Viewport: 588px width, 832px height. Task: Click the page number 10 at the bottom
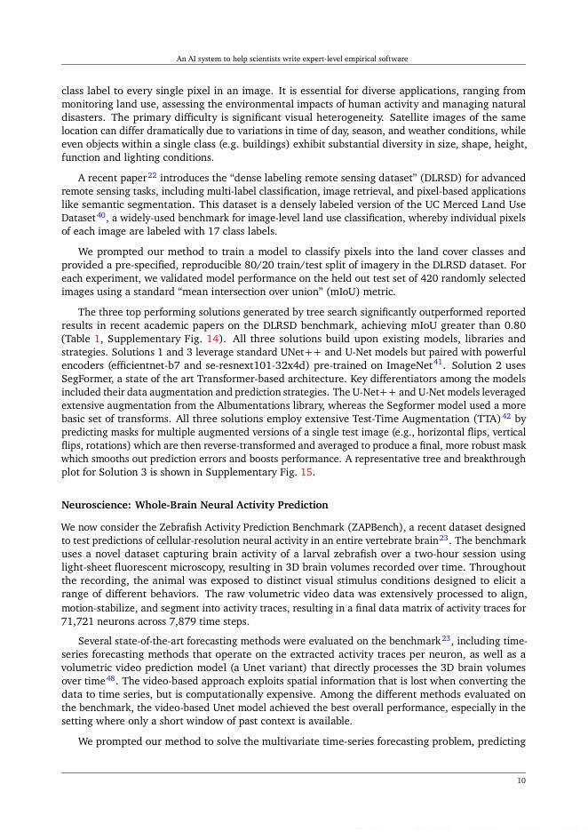[521, 780]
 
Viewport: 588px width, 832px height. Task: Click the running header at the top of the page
[292, 59]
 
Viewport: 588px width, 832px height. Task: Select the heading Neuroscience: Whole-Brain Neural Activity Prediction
[195, 505]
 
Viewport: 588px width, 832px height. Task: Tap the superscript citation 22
[153, 175]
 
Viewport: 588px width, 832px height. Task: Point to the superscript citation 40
[101, 214]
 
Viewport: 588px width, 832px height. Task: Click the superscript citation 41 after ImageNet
[438, 361]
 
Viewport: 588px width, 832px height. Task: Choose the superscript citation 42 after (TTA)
[506, 415]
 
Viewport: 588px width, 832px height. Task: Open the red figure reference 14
[213, 339]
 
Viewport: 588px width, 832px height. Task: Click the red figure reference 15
[306, 472]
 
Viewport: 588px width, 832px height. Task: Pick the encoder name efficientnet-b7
[145, 365]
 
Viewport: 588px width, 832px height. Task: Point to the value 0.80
[514, 325]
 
